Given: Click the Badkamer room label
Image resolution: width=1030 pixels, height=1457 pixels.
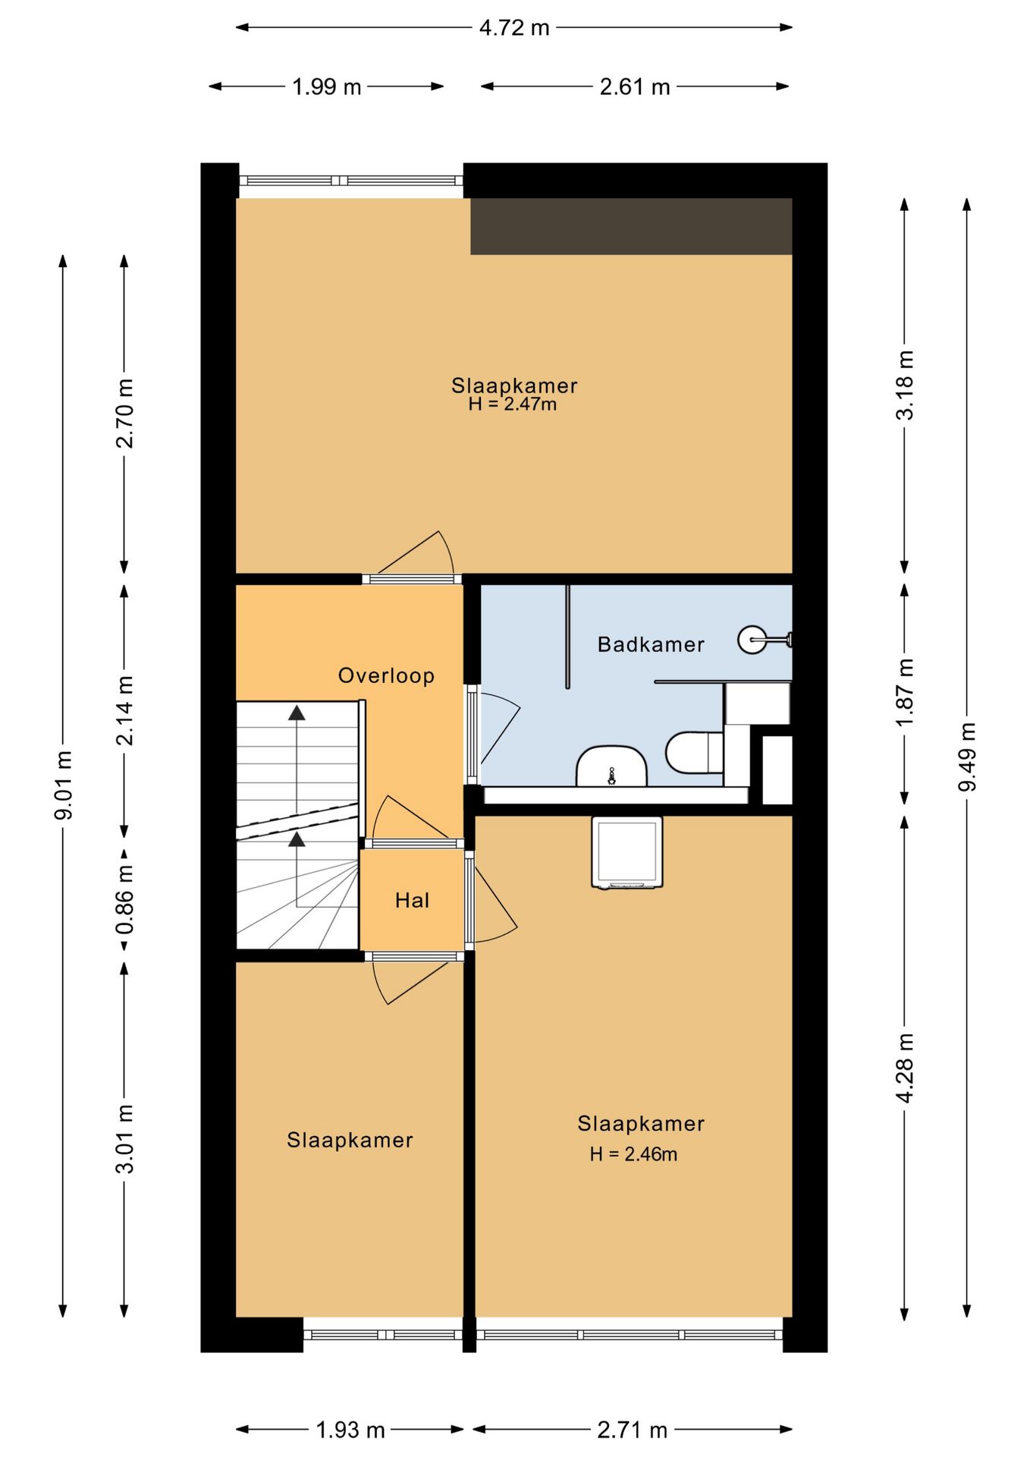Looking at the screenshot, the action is pos(651,644).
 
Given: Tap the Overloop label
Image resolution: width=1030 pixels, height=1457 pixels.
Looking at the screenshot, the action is pos(386,675).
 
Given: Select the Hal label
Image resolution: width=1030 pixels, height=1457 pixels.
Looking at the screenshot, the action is pos(412,901).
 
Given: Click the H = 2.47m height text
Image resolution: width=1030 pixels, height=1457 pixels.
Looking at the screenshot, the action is pos(513,404).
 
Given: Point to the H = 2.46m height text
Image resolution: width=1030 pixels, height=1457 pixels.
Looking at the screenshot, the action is pos(634,1154).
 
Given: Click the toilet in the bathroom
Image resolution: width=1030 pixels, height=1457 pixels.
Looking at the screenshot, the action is pos(694,752).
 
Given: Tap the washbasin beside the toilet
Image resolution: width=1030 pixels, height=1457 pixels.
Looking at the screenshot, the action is pos(611,766).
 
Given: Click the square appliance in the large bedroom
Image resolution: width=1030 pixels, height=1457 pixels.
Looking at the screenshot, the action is pos(626,852).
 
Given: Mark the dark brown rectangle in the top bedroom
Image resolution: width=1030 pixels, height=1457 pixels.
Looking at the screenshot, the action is pos(631,226).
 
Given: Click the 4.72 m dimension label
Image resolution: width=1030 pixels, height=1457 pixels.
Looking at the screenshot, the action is pos(514,28).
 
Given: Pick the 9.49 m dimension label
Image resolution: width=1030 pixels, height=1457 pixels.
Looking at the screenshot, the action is pos(966,757).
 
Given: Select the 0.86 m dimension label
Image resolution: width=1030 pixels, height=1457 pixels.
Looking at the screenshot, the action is pos(124,901).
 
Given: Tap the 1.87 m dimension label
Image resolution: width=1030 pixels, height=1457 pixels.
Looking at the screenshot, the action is pos(905,691).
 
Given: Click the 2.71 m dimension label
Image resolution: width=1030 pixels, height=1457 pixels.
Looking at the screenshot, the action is pos(633,1430).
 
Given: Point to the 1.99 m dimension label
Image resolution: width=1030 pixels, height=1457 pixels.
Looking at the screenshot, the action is pos(327,87).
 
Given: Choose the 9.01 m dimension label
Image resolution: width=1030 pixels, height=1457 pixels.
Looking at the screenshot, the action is pos(63,785).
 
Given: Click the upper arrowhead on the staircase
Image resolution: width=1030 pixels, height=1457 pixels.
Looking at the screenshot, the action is pos(297,713).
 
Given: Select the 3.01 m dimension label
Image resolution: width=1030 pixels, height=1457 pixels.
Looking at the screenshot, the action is pos(124,1140).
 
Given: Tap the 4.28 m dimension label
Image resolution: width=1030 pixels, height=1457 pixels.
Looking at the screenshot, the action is pos(905,1068).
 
